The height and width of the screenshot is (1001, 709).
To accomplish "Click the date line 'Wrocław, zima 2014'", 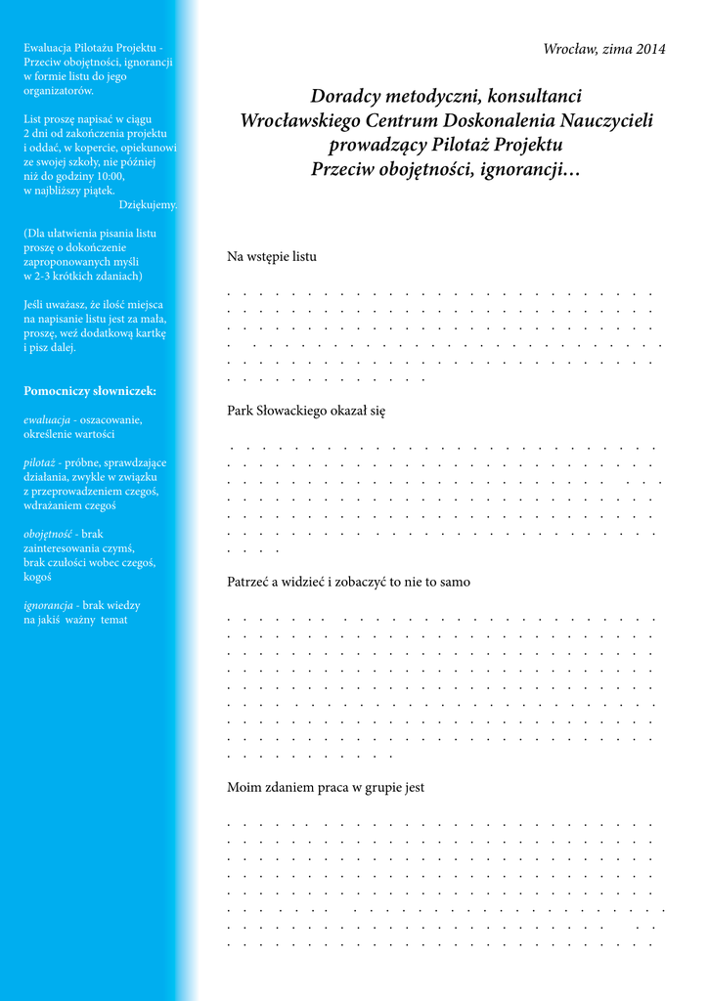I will pos(603,50).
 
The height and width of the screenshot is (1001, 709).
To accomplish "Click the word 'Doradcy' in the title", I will pos(345,97).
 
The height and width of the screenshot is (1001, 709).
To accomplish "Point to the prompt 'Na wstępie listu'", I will pos(272,257).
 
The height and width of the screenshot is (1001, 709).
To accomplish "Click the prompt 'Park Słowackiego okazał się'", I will pos(306,412).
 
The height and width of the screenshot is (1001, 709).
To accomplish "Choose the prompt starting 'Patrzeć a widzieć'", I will pos(348,582).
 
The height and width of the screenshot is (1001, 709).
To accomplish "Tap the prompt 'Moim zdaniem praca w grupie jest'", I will pos(326,787).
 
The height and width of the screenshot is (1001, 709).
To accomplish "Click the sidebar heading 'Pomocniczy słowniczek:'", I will pos(90,391).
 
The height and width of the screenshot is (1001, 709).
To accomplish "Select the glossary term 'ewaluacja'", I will pos(47,419).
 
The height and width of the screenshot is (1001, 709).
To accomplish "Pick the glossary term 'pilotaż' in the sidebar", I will pos(40,462).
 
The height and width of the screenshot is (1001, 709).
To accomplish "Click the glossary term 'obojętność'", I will pos(48,534).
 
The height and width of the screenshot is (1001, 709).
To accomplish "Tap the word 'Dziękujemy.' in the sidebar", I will pos(148,205).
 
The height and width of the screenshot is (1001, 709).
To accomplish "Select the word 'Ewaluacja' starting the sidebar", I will pos(52,47).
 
